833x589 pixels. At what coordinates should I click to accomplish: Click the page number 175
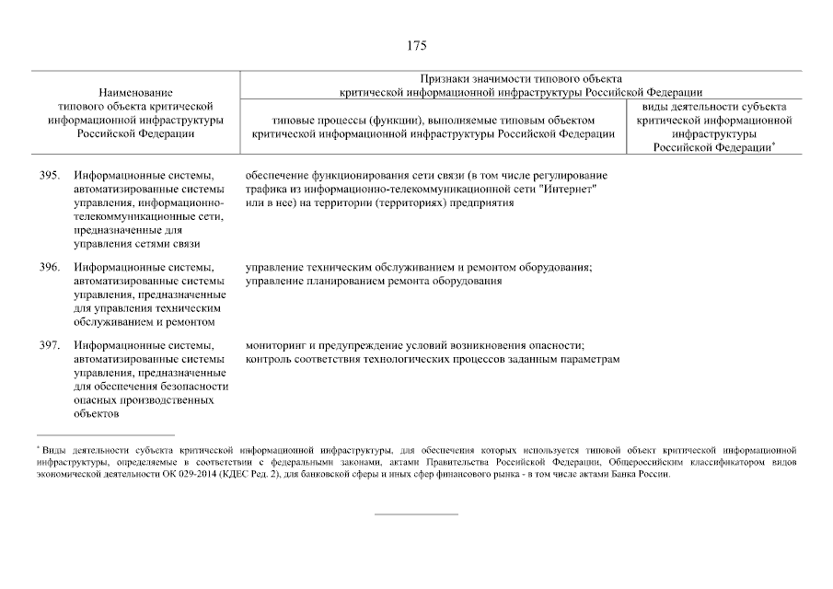pyautogui.click(x=416, y=45)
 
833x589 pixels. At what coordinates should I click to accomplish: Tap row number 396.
pyautogui.click(x=50, y=268)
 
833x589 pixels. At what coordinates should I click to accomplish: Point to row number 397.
pyautogui.click(x=50, y=346)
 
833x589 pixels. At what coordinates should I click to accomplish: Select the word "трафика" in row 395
pyautogui.click(x=265, y=189)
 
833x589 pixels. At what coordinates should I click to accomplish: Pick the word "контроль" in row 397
pyautogui.click(x=269, y=360)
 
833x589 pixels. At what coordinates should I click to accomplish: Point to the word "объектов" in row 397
pyautogui.click(x=98, y=414)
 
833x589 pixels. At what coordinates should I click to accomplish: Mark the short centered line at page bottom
pyautogui.click(x=416, y=514)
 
